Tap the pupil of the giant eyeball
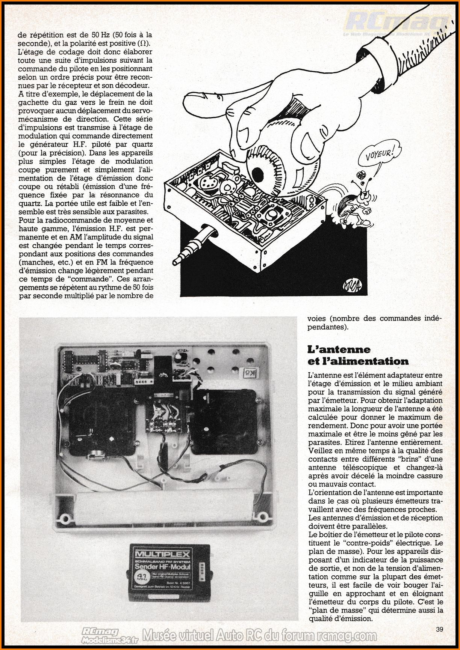[258, 173]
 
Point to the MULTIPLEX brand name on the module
[163, 555]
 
